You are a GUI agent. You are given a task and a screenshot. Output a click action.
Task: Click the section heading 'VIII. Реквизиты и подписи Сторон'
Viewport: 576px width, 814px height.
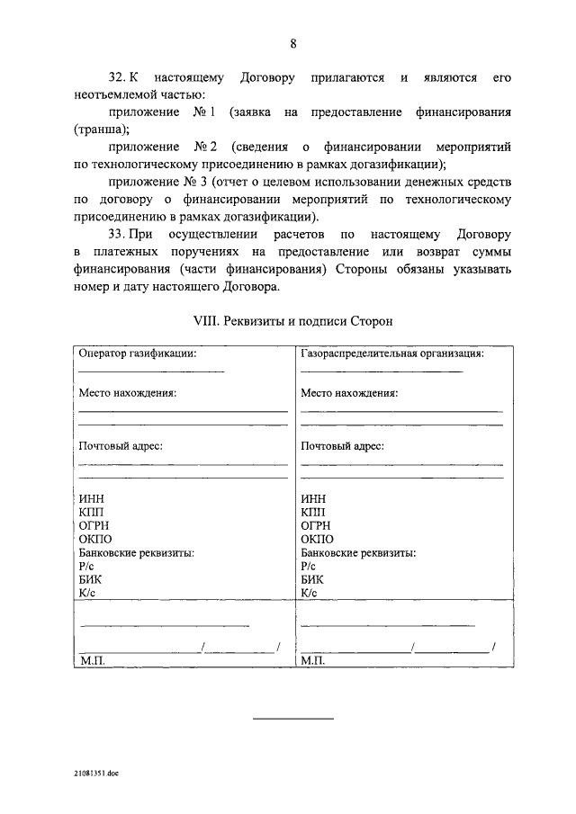coord(293,320)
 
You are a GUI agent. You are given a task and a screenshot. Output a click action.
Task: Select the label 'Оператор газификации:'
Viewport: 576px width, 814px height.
coord(138,353)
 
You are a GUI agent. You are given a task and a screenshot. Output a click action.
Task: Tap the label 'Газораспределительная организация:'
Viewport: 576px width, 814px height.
coord(392,353)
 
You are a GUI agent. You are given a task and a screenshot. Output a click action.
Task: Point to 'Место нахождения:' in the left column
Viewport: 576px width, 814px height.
coord(127,393)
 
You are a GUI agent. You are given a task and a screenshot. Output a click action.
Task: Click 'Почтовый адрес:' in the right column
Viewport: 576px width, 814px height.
coord(343,446)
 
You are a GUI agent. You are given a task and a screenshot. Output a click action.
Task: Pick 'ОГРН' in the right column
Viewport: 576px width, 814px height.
coord(317,526)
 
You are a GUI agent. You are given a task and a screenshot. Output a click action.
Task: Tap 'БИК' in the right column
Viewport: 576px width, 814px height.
coord(312,580)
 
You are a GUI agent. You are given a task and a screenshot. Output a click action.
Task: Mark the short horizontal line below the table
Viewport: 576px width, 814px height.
coord(292,718)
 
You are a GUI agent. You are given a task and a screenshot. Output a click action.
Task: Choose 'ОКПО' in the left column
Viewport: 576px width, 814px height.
coord(95,540)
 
